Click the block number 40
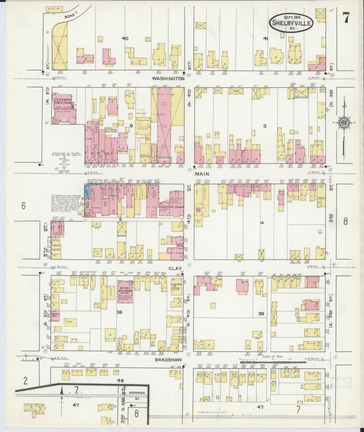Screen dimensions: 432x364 click(125, 38)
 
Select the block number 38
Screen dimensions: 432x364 click(261, 314)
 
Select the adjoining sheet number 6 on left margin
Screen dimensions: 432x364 click(23, 206)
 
